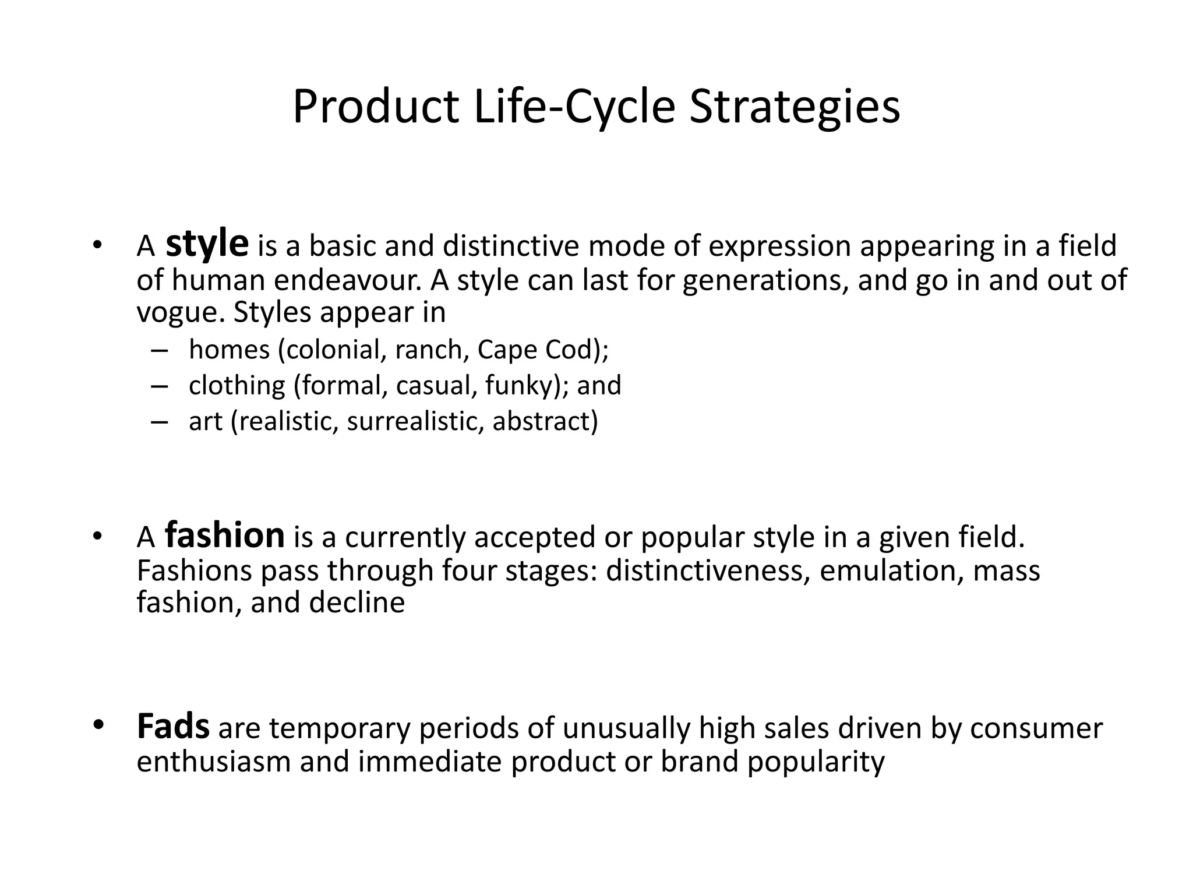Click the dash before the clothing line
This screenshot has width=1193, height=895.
tap(158, 386)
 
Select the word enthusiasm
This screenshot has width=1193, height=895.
tap(213, 762)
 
